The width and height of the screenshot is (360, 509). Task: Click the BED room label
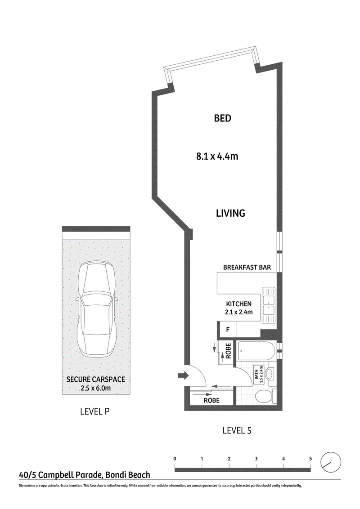point(223,118)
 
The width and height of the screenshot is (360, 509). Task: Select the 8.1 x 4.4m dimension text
point(217,156)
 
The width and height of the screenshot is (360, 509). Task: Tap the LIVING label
point(231,213)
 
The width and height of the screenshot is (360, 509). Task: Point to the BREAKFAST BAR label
point(247,268)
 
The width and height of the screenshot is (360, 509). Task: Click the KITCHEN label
point(239,304)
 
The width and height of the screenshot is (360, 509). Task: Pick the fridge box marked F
point(228,330)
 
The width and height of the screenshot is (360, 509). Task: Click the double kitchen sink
point(269,305)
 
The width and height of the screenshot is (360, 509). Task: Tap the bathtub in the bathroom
point(256,351)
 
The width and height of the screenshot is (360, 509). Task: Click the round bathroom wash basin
point(270,374)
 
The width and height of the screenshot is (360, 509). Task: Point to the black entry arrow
point(183,375)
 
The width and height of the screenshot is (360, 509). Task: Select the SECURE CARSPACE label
point(95,379)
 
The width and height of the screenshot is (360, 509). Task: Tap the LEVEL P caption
point(95,411)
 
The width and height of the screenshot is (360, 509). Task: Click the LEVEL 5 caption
point(237,431)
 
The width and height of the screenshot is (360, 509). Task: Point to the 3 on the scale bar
point(256,459)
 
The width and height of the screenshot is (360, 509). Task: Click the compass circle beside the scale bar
point(331,452)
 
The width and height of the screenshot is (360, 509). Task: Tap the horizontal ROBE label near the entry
point(211,400)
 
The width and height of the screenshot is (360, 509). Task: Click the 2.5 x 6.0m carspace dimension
point(95,388)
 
